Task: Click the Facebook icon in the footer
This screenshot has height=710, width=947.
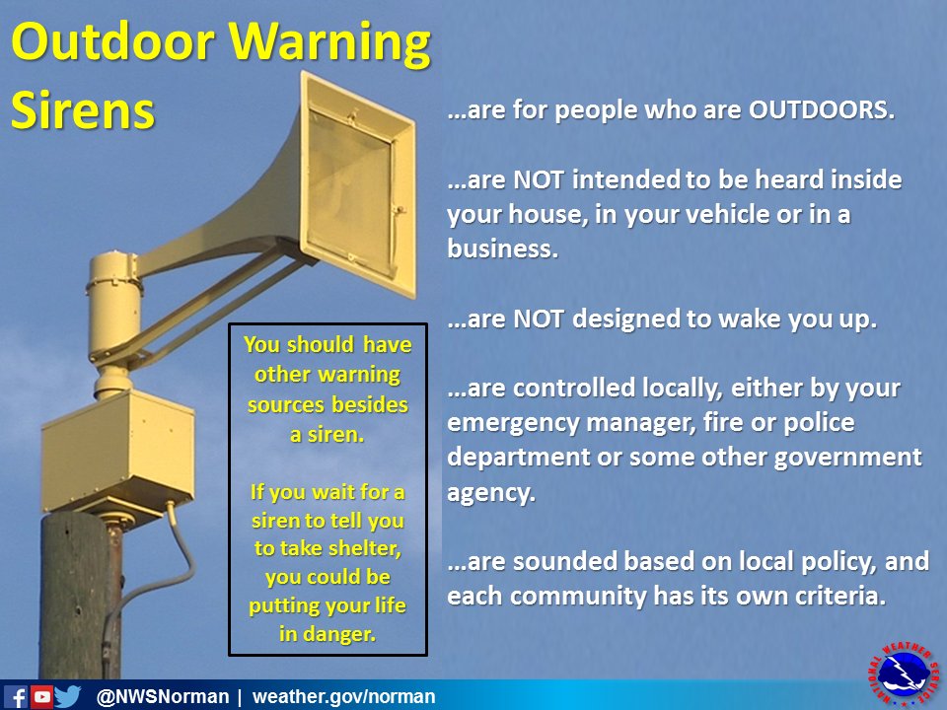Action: [15, 697]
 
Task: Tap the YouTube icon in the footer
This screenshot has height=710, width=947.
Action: [41, 697]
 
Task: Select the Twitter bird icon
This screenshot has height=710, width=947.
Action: [68, 697]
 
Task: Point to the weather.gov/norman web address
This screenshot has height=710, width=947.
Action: [344, 697]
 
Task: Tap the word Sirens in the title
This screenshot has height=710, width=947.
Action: [83, 110]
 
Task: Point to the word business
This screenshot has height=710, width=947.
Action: [502, 248]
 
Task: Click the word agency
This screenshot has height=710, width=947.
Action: [490, 493]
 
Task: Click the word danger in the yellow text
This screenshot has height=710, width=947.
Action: [344, 633]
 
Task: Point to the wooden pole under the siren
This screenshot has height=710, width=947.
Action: [79, 602]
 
